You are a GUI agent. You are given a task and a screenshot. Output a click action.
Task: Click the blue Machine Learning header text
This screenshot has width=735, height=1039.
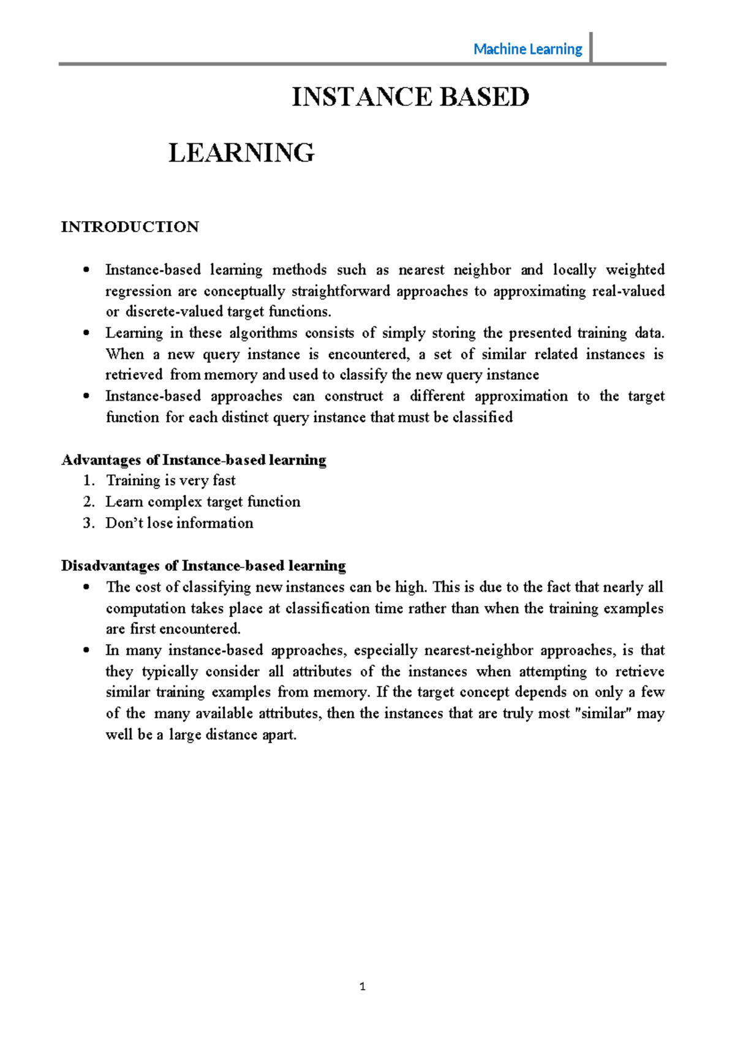[x=527, y=49]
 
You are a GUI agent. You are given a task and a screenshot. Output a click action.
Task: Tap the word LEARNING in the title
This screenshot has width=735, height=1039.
[x=241, y=153]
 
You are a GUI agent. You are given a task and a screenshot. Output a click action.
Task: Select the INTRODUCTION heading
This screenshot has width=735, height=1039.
[x=130, y=227]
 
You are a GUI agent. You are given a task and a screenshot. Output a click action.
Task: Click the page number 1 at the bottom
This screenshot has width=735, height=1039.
[x=363, y=986]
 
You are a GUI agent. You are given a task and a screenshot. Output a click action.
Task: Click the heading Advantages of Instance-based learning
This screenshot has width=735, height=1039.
[x=194, y=459]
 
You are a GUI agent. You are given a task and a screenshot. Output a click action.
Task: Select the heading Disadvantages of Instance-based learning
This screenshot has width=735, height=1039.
[x=203, y=565]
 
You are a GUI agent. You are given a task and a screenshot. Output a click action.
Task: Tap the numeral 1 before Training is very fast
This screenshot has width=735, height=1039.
[x=88, y=480]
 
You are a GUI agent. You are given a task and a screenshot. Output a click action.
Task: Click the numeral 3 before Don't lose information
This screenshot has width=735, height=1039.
[x=88, y=523]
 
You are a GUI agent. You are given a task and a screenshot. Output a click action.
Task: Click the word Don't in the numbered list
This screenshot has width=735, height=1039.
[x=124, y=523]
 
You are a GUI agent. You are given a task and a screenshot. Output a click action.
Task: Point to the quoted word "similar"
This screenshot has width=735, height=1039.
[x=604, y=713]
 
